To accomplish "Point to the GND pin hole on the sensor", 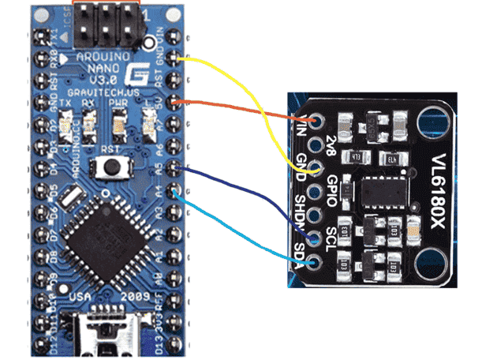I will [x=317, y=169].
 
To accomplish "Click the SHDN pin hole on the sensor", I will [x=317, y=215].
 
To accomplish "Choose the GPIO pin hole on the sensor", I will [x=317, y=192].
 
